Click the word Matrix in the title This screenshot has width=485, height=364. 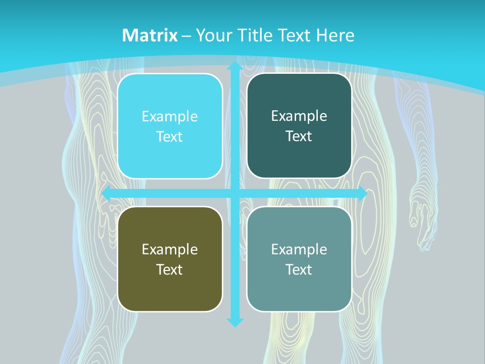coord(150,35)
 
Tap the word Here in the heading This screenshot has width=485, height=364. coord(335,35)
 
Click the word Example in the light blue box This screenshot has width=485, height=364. coord(170,117)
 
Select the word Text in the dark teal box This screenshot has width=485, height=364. coord(299,136)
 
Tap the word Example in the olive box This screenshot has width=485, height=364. coord(170,249)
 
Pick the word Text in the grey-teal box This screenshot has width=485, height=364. coord(299,269)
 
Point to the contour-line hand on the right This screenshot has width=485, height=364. coord(422,212)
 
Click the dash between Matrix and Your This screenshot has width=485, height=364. coord(186,36)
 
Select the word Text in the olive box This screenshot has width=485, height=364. coord(170,269)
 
